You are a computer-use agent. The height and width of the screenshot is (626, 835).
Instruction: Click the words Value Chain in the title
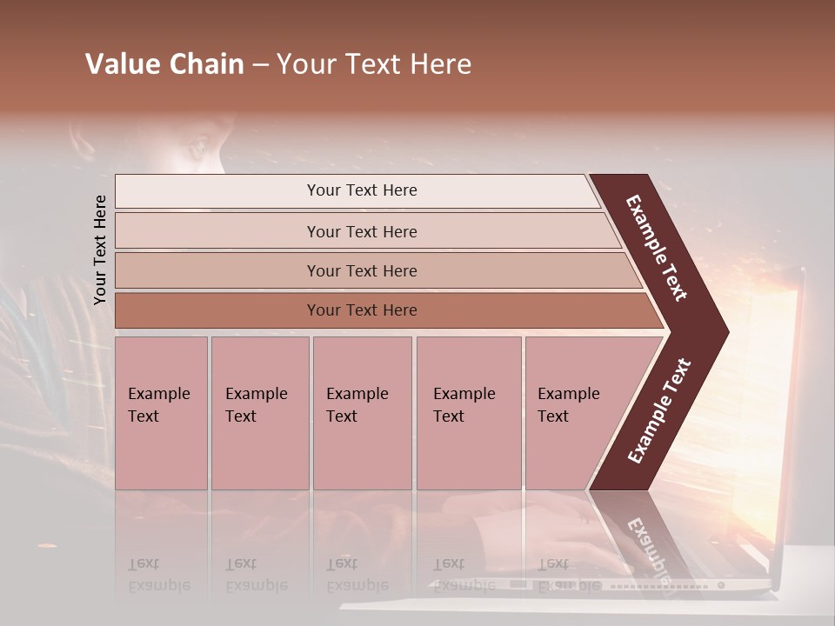[164, 64]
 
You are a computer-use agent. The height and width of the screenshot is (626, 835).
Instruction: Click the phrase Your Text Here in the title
[374, 64]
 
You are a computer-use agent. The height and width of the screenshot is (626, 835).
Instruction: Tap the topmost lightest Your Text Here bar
[361, 190]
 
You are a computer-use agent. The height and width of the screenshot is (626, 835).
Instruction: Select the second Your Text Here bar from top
[361, 231]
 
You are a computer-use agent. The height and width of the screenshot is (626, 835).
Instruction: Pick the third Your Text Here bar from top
[361, 270]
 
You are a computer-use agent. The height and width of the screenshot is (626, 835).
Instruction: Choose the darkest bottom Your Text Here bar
[361, 310]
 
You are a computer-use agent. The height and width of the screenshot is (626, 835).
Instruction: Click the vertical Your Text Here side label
[100, 250]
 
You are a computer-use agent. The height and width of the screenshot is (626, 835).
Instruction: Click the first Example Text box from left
[161, 413]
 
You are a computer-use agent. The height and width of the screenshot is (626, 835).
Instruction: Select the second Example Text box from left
[259, 413]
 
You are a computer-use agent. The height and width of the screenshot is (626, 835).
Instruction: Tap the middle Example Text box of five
[362, 413]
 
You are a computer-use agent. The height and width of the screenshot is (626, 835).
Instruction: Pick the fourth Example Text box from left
[468, 413]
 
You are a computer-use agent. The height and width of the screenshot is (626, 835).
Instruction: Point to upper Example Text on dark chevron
[657, 248]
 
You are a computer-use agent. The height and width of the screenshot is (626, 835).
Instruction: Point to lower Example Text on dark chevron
[658, 410]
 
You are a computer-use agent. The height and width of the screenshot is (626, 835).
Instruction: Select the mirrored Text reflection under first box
[144, 563]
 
